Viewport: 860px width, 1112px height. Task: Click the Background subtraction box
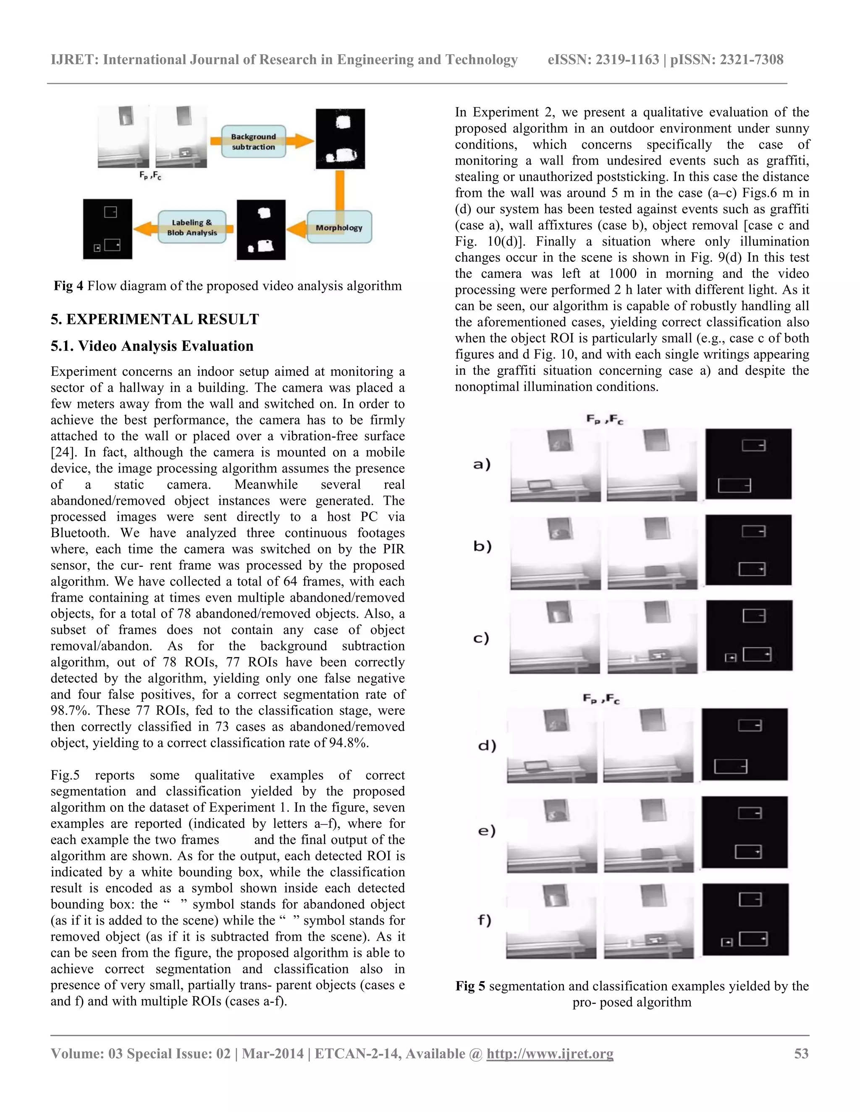coord(253,141)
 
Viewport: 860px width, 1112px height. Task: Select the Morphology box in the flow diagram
coord(339,227)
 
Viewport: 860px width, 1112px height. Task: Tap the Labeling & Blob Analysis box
coord(191,227)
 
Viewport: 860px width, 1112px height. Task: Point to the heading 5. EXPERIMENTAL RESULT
coord(155,319)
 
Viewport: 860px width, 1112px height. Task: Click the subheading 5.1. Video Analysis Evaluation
coord(152,346)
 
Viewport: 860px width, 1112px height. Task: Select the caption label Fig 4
coord(69,286)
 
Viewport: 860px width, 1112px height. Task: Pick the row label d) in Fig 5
coord(487,746)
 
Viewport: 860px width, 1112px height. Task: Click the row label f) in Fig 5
coord(485,920)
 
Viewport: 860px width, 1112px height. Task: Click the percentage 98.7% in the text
coord(71,710)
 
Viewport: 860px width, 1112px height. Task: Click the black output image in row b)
coord(748,551)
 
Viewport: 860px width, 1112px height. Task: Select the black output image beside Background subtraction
coord(340,138)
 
